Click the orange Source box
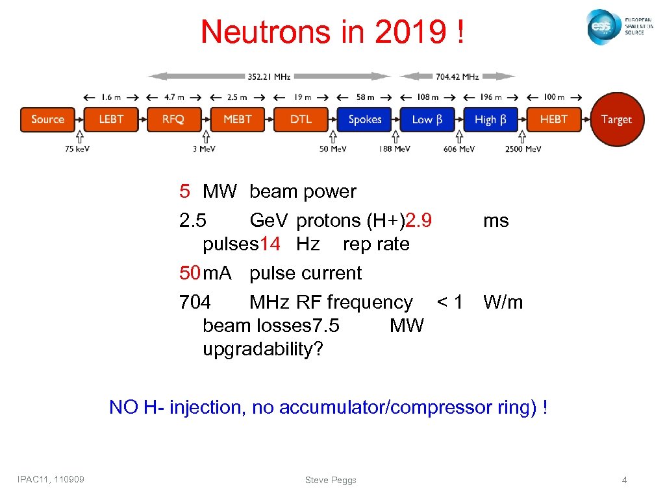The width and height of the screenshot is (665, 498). click(x=47, y=119)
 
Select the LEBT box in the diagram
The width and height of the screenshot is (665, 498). click(x=111, y=119)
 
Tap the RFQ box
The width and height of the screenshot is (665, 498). click(x=173, y=119)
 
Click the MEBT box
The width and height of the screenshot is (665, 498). click(x=237, y=119)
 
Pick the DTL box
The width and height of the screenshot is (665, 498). click(x=301, y=119)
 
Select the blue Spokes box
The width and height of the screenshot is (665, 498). click(x=364, y=119)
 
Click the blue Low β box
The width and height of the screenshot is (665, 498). click(x=427, y=119)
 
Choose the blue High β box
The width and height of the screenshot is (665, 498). click(x=491, y=119)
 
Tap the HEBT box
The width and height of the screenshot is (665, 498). click(x=554, y=119)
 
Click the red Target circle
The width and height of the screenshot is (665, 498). click(x=616, y=119)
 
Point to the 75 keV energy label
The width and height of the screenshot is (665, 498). click(x=78, y=149)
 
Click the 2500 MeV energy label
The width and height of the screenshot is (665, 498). click(x=523, y=149)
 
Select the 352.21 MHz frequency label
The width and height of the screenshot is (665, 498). click(x=269, y=77)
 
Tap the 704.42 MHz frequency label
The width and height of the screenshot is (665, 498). click(x=457, y=77)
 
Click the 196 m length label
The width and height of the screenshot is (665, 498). click(x=491, y=97)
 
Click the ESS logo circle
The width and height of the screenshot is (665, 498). click(x=602, y=27)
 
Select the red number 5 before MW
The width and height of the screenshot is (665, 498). click(x=185, y=191)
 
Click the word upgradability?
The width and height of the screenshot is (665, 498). click(x=262, y=349)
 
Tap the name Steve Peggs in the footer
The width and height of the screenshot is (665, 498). click(x=331, y=480)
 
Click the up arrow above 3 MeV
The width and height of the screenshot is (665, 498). click(x=205, y=137)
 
